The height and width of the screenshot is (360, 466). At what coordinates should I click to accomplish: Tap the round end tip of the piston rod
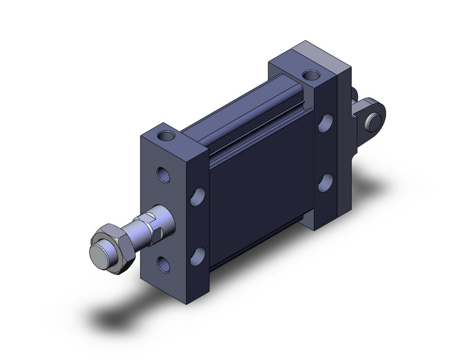pos(98,254)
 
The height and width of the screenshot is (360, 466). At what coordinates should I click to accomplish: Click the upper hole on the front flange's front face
pos(164,175)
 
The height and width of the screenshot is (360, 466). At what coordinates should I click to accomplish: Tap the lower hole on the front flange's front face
pos(164,264)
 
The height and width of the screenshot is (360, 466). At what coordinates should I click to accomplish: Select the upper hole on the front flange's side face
pos(197,196)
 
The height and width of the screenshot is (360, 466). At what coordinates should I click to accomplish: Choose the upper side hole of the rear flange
pos(325,123)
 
